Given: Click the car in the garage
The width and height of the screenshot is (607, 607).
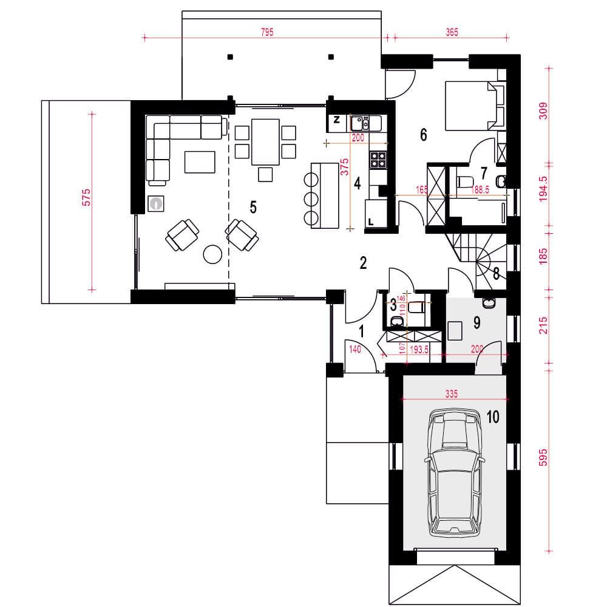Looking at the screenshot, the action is click(x=455, y=473).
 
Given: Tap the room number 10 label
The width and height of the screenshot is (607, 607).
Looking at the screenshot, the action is click(x=493, y=417).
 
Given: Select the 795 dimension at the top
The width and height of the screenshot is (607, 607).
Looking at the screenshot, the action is click(x=267, y=32).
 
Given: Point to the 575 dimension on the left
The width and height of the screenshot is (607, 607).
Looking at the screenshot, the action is click(x=86, y=197).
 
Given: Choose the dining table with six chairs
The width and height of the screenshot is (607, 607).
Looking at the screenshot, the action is click(x=266, y=150).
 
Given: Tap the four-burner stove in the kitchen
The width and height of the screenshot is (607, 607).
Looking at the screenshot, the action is click(x=378, y=160).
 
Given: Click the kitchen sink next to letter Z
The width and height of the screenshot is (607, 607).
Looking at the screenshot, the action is click(x=360, y=123).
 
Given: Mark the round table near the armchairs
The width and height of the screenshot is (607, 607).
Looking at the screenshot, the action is click(x=212, y=254).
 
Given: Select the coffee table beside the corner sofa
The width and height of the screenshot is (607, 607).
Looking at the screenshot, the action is click(x=200, y=162).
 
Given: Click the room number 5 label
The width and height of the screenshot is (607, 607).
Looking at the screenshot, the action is click(x=253, y=207).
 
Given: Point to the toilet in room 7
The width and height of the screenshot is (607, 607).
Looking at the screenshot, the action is click(x=464, y=181).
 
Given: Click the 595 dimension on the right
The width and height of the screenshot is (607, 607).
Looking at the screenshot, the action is click(x=543, y=458).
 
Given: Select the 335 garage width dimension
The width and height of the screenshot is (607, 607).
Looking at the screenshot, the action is click(x=452, y=394).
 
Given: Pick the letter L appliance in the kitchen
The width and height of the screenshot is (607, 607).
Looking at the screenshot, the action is click(x=376, y=212).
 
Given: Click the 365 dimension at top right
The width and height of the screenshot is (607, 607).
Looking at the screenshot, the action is click(x=452, y=32).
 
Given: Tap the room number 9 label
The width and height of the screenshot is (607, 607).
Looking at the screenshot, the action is click(x=477, y=322).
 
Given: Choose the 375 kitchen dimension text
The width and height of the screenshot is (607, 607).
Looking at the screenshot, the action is click(x=344, y=167).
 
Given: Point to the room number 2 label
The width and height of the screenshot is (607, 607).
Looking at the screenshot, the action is click(x=363, y=263).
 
